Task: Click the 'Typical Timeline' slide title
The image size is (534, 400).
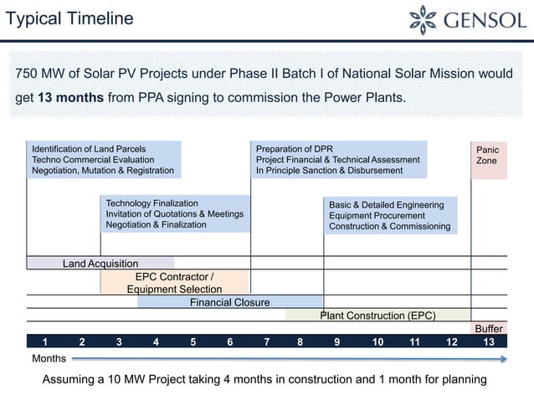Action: pos(69,18)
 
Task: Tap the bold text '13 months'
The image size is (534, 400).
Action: pos(71,97)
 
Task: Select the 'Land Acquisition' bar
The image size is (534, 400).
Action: pos(100,264)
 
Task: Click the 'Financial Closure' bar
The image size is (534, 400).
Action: pos(229,302)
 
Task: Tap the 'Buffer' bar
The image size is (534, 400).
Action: pos(489,329)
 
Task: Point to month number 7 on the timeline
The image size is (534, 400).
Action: pos(266,341)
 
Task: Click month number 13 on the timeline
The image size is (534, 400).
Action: pos(489,341)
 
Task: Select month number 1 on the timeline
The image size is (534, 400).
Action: pos(44,341)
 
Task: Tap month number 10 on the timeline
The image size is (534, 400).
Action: pos(377,341)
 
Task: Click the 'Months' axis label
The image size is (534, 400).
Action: pos(49,358)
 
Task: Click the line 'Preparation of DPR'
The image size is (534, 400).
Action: pos(295,149)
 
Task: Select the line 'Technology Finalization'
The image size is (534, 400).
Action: pos(151,203)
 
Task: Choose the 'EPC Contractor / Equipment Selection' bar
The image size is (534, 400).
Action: pos(174,283)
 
